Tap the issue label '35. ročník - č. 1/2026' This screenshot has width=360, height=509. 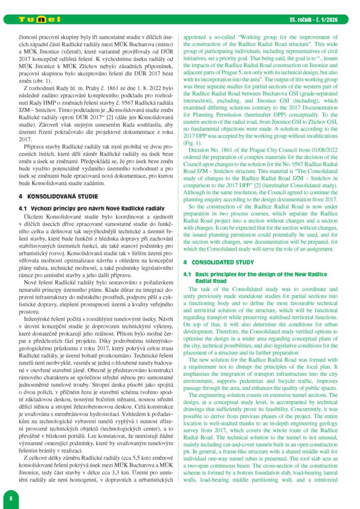pyautogui.click(x=316, y=20)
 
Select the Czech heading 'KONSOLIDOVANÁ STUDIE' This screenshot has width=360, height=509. pyautogui.click(x=55, y=196)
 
